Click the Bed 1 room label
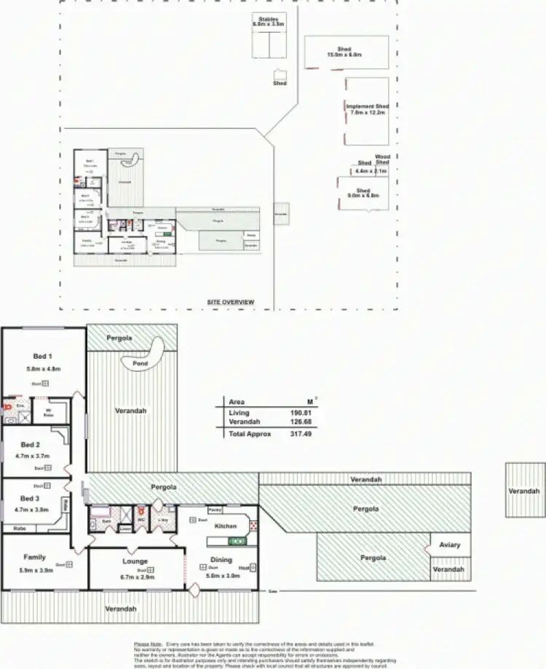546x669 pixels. [42, 356]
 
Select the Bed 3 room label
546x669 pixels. [30, 499]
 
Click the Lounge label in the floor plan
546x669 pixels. [135, 561]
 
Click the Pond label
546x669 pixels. [141, 362]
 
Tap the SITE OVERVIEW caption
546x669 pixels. [230, 301]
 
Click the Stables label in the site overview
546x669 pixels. [269, 19]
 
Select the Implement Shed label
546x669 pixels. [368, 106]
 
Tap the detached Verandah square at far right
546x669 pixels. [524, 491]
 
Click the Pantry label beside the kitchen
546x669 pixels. [215, 510]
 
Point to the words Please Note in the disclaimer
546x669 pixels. [148, 644]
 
